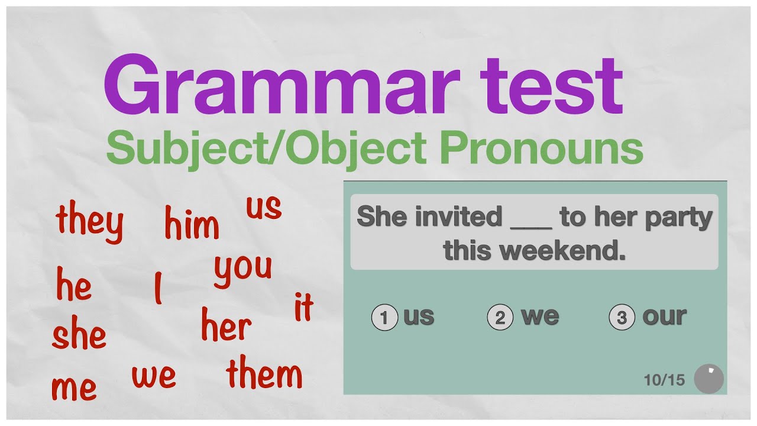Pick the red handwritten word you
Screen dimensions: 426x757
tap(243, 269)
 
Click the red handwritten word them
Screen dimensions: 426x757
tap(264, 374)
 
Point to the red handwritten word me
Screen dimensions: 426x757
tap(74, 388)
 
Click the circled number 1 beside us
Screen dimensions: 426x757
tap(384, 318)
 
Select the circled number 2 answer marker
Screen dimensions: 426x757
tap(500, 318)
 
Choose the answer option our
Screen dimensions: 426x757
tap(664, 317)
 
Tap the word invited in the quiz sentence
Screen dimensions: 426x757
tap(458, 217)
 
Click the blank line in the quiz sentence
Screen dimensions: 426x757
tap(530, 225)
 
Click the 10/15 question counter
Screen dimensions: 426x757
tap(664, 380)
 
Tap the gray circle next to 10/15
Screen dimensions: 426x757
tap(709, 379)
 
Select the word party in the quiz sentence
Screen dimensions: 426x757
tap(679, 218)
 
